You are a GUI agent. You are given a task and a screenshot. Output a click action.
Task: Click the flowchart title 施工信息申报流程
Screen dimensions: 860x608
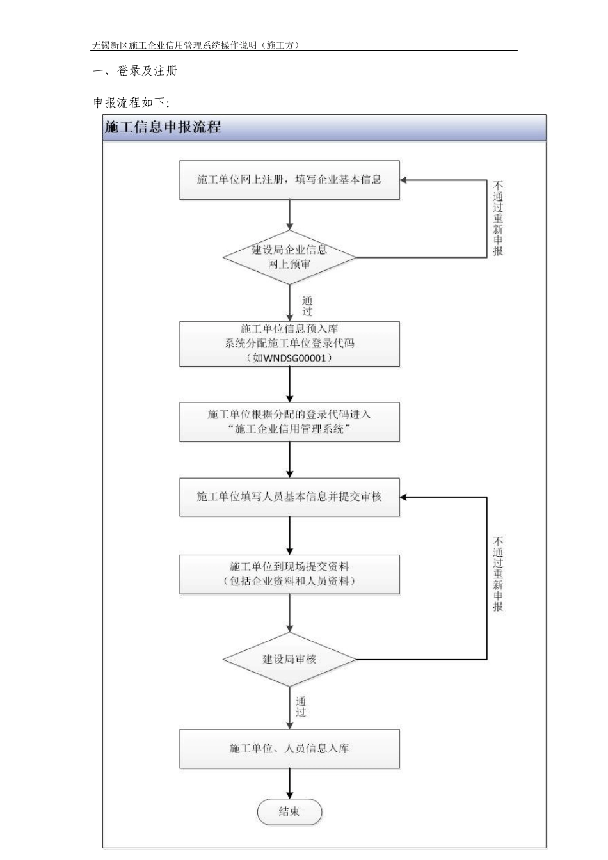pyautogui.click(x=163, y=127)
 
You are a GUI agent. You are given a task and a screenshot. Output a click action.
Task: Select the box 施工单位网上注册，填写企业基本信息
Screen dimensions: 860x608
pyautogui.click(x=289, y=180)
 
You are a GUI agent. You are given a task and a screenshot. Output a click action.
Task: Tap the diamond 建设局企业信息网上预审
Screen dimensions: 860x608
pyautogui.click(x=289, y=257)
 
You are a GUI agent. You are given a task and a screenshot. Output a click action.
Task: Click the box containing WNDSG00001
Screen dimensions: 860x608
pyautogui.click(x=289, y=344)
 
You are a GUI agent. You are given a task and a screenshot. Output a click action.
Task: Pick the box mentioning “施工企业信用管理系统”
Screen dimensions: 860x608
pyautogui.click(x=289, y=422)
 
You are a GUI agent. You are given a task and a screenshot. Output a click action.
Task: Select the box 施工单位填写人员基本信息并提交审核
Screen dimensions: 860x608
pyautogui.click(x=289, y=497)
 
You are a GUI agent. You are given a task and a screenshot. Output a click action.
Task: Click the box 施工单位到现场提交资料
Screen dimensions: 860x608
pyautogui.click(x=289, y=574)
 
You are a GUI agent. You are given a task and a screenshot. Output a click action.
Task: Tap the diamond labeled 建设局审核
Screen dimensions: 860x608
pyautogui.click(x=289, y=659)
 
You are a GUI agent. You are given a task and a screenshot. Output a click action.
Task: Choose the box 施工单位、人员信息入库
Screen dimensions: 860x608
pyautogui.click(x=289, y=748)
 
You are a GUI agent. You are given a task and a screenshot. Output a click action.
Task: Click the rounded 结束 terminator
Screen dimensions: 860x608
pyautogui.click(x=289, y=812)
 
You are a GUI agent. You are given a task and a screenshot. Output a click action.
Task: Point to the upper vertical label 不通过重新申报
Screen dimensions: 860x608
pyautogui.click(x=498, y=219)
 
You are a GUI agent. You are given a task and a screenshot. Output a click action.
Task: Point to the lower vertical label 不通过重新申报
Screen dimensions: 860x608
pyautogui.click(x=498, y=574)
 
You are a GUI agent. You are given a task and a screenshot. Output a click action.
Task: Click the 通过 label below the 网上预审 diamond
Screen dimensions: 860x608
pyautogui.click(x=307, y=306)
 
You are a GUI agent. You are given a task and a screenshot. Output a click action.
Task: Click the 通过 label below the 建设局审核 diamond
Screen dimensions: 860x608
pyautogui.click(x=301, y=707)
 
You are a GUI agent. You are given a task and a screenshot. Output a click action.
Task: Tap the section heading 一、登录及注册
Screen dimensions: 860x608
pyautogui.click(x=135, y=71)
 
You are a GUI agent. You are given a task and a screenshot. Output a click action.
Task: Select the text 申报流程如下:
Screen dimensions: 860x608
pyautogui.click(x=131, y=102)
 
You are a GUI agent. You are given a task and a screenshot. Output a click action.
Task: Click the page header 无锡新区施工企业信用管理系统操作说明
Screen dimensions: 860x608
pyautogui.click(x=195, y=45)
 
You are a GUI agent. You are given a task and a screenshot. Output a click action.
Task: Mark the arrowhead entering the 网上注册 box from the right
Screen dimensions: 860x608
pyautogui.click(x=405, y=180)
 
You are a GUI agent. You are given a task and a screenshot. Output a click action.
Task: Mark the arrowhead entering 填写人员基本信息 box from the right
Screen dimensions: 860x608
pyautogui.click(x=405, y=497)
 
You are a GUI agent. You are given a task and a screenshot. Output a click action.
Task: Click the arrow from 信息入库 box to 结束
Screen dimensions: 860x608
pyautogui.click(x=290, y=783)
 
